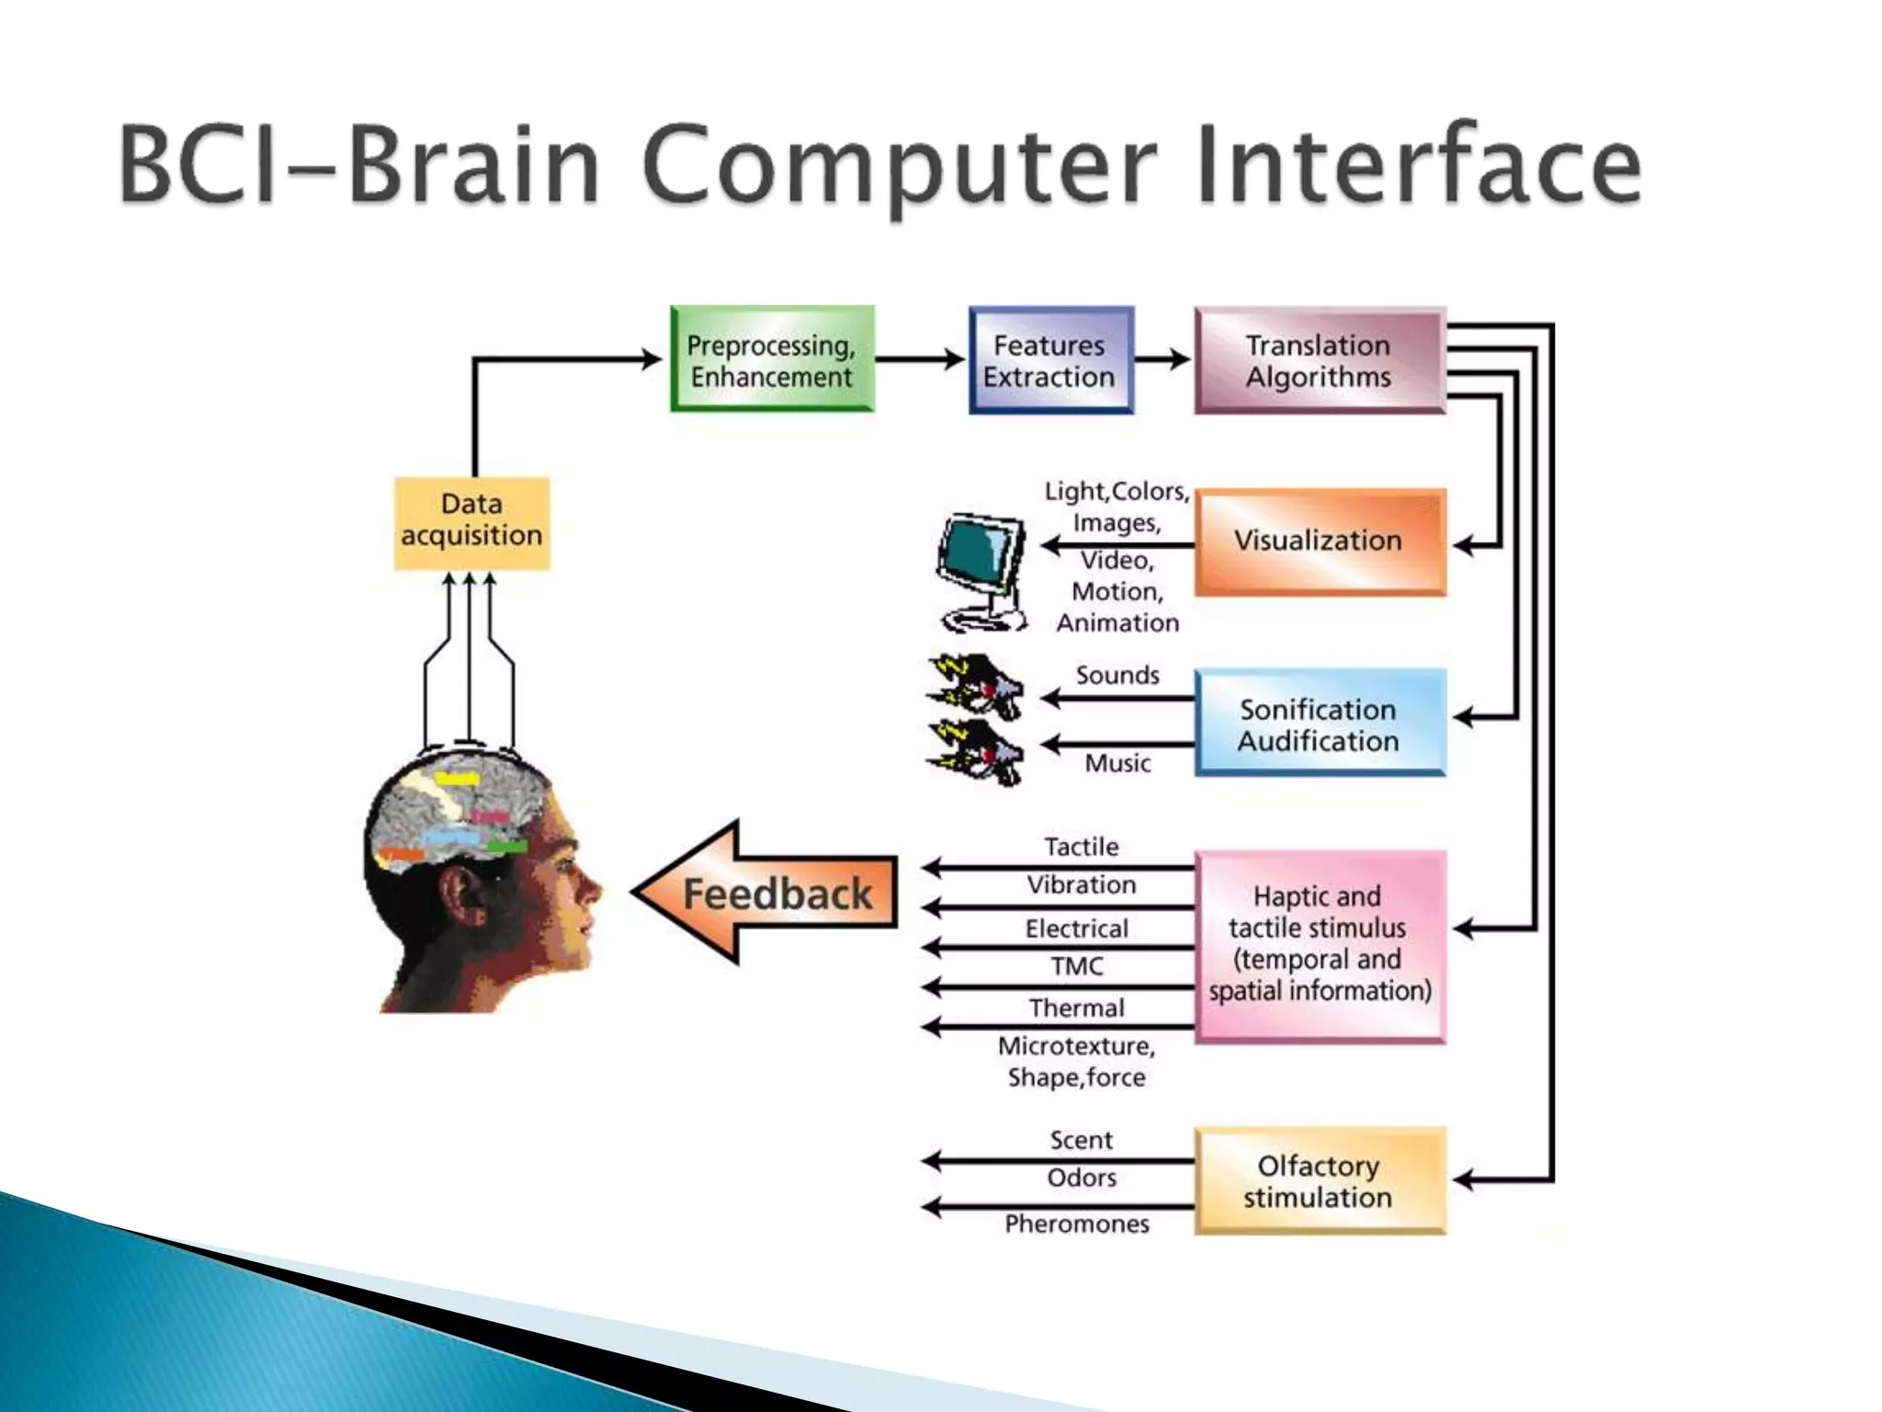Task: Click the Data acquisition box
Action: click(x=471, y=521)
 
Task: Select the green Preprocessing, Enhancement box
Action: click(x=772, y=359)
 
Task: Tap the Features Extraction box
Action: click(x=1050, y=360)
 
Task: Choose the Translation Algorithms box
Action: click(x=1319, y=360)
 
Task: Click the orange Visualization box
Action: click(x=1319, y=541)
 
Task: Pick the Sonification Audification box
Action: click(x=1319, y=723)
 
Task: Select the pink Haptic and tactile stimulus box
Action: click(x=1319, y=945)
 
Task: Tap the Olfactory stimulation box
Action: click(x=1319, y=1180)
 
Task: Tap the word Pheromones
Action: click(x=1077, y=1224)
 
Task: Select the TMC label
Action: click(x=1077, y=966)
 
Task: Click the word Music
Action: click(x=1117, y=763)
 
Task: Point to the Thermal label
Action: click(x=1077, y=1008)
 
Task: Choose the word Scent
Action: click(x=1082, y=1141)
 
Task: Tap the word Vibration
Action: click(x=1082, y=885)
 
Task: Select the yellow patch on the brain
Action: click(x=457, y=780)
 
